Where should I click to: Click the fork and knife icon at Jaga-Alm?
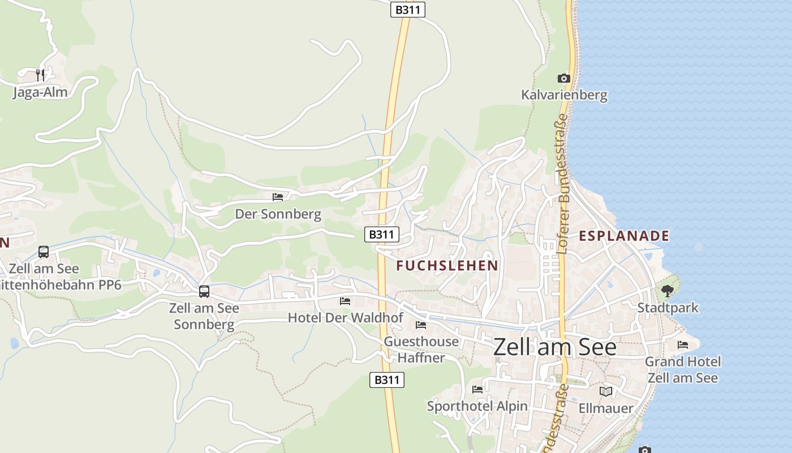pyautogui.click(x=40, y=75)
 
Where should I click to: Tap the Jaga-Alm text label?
pyautogui.click(x=40, y=92)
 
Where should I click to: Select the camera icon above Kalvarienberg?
pyautogui.click(x=563, y=78)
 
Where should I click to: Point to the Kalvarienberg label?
pyautogui.click(x=564, y=95)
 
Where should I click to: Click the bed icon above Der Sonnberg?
pyautogui.click(x=278, y=197)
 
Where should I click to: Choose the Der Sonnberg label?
pyautogui.click(x=278, y=214)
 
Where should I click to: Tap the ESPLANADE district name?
pyautogui.click(x=624, y=236)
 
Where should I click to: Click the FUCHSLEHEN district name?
pyautogui.click(x=447, y=266)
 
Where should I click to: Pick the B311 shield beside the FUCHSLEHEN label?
pyautogui.click(x=382, y=234)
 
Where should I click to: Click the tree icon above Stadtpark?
pyautogui.click(x=668, y=291)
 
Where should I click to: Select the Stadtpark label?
pyautogui.click(x=668, y=308)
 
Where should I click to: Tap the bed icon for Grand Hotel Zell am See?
pyautogui.click(x=683, y=344)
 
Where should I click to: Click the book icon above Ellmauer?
pyautogui.click(x=606, y=391)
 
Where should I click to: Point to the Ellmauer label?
pyautogui.click(x=606, y=408)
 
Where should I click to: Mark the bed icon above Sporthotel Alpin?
pyautogui.click(x=477, y=390)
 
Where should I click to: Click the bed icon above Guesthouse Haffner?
pyautogui.click(x=421, y=325)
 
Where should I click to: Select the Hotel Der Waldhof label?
pyautogui.click(x=345, y=318)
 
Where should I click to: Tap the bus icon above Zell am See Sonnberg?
pyautogui.click(x=204, y=292)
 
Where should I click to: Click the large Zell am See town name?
pyautogui.click(x=555, y=347)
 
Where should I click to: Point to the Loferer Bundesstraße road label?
pyautogui.click(x=562, y=184)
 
